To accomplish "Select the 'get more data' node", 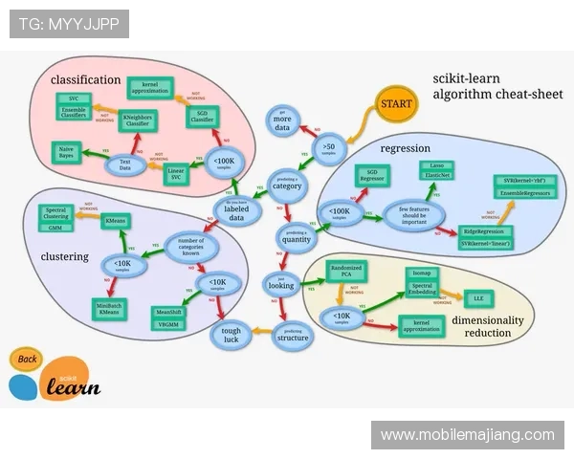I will coord(282,120).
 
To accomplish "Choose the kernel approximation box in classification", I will coord(148,88).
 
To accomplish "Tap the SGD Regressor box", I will coord(370,174).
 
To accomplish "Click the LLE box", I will coord(474,297).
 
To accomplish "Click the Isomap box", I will coord(422,273).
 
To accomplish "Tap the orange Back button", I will coord(27,360).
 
